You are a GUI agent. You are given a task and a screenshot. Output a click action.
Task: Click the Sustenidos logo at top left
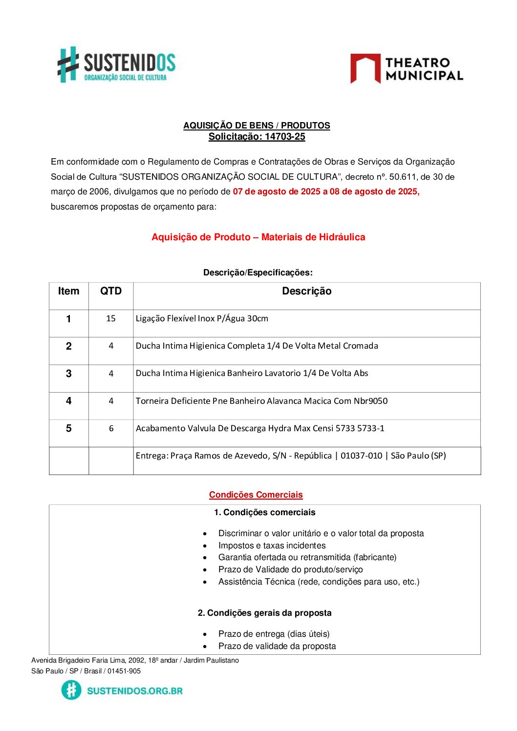pos(116,65)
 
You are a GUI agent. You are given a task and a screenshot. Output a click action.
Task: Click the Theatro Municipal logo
pos(407,69)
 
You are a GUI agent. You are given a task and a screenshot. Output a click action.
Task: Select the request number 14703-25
pos(285,137)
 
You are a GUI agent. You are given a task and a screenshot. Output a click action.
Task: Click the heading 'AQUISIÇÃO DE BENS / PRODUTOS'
pos(257,125)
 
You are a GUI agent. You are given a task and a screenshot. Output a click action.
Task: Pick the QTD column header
pos(111,291)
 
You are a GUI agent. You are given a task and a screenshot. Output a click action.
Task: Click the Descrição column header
pos(306,291)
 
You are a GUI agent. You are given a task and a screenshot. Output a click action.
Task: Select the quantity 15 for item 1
pos(111,318)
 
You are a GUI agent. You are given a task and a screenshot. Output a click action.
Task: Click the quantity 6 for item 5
pos(111,428)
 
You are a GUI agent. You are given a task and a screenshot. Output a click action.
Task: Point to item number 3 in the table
pos(68,374)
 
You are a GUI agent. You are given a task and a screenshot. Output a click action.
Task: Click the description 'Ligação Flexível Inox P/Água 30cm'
pos(202,318)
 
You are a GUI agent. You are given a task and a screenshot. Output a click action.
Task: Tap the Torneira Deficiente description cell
pos(261,401)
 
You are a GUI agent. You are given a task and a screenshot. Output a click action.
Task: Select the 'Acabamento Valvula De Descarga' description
pos(260,428)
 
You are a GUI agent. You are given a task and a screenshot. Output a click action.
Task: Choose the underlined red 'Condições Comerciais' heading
pos(256,495)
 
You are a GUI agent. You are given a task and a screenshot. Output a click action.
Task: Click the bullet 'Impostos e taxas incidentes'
pos(272,545)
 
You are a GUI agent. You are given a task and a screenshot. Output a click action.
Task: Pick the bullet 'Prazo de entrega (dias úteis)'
pos(274,634)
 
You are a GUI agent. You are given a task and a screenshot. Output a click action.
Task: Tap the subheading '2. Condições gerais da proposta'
pos(264,613)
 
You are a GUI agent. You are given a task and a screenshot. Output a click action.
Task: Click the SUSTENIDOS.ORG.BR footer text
pos(134,690)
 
